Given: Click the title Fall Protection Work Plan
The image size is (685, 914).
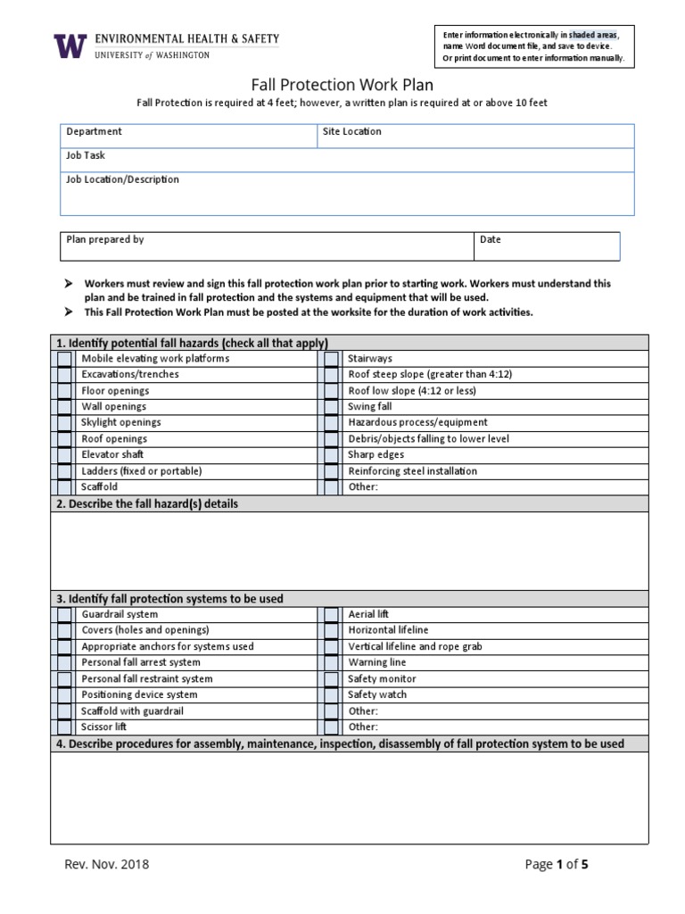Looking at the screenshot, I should pos(342,85).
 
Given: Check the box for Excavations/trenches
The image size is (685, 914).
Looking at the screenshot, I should pos(64,375).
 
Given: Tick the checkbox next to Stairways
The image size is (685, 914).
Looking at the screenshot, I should pos(331,359).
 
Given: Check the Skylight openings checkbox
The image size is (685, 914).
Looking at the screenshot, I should pos(64,423).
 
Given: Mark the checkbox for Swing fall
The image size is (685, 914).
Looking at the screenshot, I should pos(331,407).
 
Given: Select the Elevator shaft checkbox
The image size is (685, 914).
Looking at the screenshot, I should pos(64,455).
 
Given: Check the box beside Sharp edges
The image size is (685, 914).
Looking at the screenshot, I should pos(331,455).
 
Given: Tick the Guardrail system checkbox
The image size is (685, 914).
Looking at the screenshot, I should pos(64,615).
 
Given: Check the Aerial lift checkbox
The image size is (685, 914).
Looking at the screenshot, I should pos(331,615).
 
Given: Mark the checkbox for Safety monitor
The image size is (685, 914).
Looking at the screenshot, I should pos(331,679).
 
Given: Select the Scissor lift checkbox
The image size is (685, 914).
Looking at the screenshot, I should pos(64,727).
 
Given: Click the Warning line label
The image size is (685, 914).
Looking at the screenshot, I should pos(376,663).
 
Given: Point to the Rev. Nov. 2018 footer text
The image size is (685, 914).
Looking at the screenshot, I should pos(106,864).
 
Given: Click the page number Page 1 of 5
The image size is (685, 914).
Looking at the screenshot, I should pos(557,864).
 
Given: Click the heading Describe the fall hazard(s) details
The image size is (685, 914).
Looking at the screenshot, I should pos(147,504).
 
